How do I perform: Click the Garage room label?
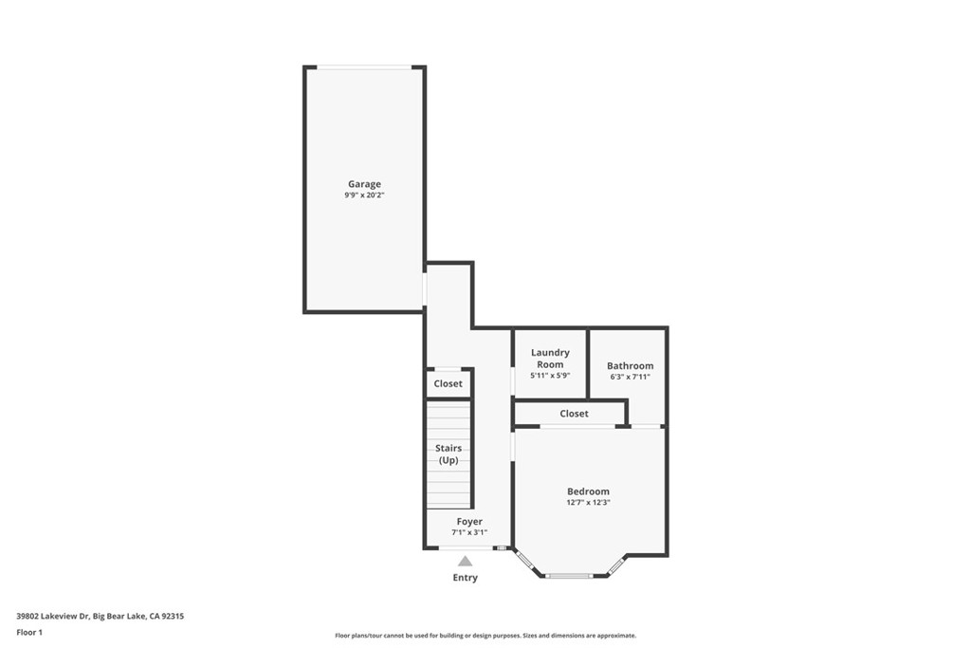[364, 184]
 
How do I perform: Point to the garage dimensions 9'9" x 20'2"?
[365, 195]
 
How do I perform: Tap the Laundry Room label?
[550, 359]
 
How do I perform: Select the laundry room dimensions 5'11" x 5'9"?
[550, 376]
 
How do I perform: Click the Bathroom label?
[630, 365]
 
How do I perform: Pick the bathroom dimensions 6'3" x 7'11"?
[630, 377]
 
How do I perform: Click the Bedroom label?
[588, 491]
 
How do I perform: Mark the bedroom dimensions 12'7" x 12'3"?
[588, 503]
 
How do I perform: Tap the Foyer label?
[469, 522]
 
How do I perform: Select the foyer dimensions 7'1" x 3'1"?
[469, 532]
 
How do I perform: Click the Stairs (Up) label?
[449, 454]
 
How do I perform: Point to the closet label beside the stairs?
[448, 383]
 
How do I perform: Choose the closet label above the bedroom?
[574, 414]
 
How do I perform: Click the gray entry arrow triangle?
[465, 562]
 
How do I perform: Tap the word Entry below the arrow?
[465, 578]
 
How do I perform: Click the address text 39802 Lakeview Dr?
[53, 616]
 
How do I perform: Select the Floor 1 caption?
[29, 633]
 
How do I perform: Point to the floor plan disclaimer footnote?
[485, 636]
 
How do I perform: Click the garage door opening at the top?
[365, 67]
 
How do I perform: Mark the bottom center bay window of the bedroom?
[569, 576]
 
